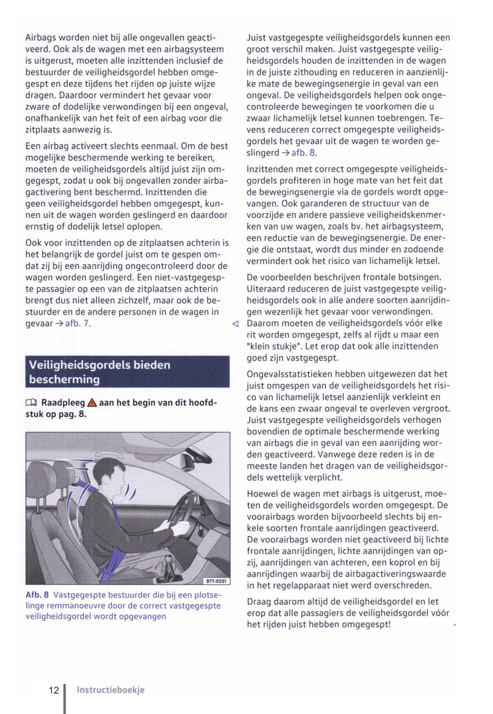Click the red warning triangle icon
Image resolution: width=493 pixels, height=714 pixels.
click(92, 403)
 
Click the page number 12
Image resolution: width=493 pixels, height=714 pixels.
click(54, 690)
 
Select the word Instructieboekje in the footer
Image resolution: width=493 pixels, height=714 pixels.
click(111, 690)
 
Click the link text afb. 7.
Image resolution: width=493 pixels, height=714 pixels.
click(78, 323)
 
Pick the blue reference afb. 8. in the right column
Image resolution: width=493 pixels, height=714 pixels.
click(304, 152)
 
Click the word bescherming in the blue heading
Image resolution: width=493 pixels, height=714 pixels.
click(64, 379)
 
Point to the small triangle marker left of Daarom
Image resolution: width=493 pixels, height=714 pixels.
click(235, 323)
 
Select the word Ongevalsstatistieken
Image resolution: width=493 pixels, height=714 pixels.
click(292, 374)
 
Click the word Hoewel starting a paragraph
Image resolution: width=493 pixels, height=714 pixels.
click(261, 493)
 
